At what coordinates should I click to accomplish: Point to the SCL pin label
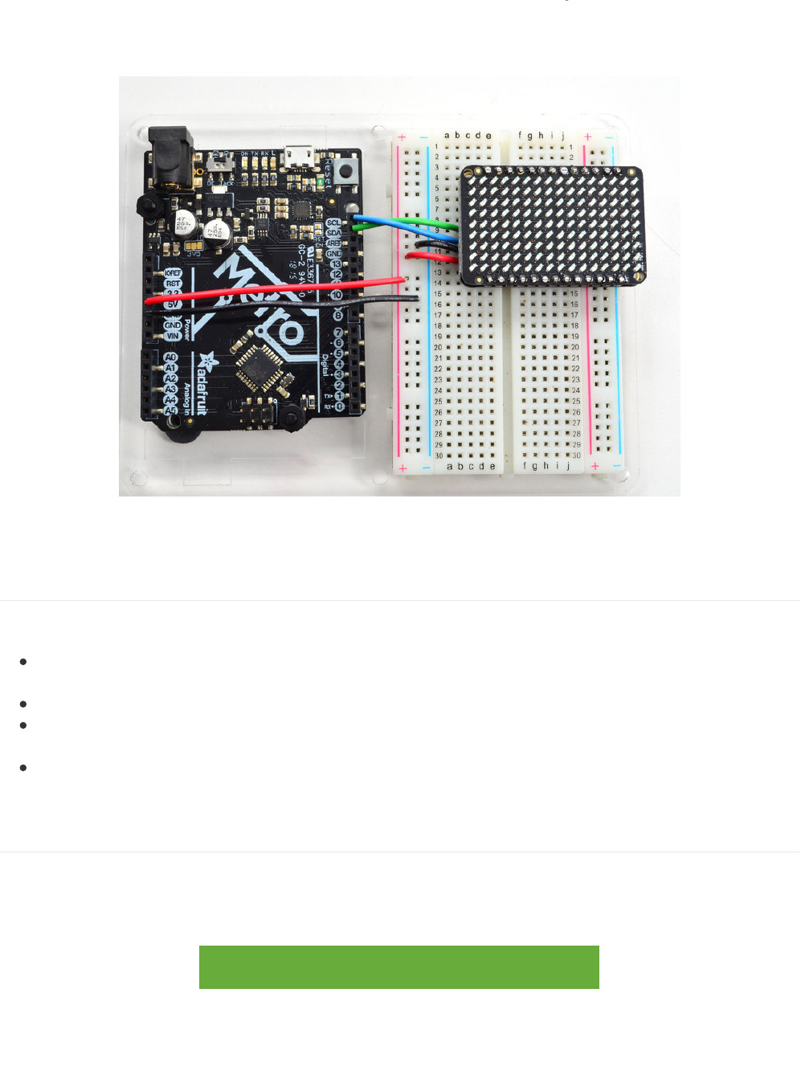(x=333, y=223)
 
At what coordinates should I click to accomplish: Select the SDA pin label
(x=333, y=233)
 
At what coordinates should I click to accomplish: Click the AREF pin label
(x=333, y=243)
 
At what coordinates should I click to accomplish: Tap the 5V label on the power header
(x=173, y=304)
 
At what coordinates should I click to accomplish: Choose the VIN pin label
(x=173, y=336)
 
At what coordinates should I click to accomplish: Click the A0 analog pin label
(x=170, y=358)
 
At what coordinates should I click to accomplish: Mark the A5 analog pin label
(x=170, y=411)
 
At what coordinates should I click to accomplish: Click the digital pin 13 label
(x=336, y=264)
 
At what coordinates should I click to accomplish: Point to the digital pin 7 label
(x=339, y=333)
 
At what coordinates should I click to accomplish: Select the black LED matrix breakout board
(x=551, y=225)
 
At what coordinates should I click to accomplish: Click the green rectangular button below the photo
(x=398, y=966)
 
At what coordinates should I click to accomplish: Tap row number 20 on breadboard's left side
(x=438, y=348)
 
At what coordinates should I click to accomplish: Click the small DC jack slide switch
(x=216, y=162)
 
